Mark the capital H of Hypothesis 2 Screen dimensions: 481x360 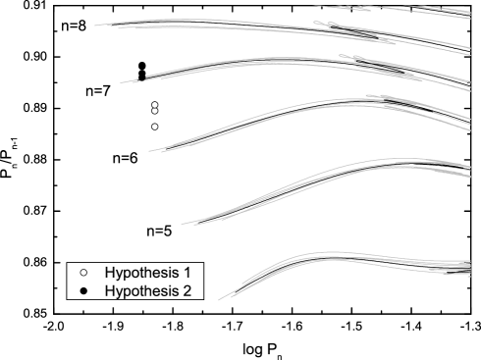[110, 290]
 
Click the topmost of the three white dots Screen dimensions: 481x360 [155, 105]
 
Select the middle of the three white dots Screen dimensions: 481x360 [155, 111]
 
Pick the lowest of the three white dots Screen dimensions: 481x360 [155, 127]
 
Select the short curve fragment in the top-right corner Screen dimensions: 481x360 [452, 9]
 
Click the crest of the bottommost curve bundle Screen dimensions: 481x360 [324, 257]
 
